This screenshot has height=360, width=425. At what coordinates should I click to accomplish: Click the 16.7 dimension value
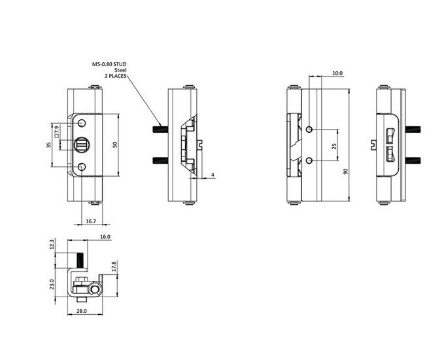pos(91,221)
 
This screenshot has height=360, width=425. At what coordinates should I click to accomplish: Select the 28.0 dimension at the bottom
pos(81,311)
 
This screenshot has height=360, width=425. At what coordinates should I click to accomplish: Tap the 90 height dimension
pos(346,171)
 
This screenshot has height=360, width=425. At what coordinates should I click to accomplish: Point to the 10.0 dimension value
pos(337,73)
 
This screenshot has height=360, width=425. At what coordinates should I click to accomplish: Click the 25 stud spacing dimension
pos(334,146)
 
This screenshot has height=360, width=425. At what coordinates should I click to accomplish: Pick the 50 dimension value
pos(114,145)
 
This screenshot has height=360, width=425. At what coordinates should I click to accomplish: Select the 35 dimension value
pos(49,145)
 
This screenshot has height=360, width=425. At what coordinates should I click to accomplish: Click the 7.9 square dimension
pos(56,132)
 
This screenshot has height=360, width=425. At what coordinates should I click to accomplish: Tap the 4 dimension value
pos(212,175)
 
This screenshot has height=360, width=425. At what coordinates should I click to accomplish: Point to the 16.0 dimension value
pos(105,237)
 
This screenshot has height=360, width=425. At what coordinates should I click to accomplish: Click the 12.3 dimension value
pos(52,244)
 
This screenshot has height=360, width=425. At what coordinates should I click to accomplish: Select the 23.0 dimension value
pos(52,284)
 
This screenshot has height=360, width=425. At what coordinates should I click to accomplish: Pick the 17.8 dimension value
pos(114,266)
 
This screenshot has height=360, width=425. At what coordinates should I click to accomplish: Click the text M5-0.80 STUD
pos(109,64)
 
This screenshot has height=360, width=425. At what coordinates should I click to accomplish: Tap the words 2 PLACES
pos(116,76)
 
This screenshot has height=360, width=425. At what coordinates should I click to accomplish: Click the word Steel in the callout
pos(120,70)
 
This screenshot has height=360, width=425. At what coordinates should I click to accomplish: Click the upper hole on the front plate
pos(82,123)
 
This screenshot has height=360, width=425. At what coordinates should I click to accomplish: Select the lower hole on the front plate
pos(82,167)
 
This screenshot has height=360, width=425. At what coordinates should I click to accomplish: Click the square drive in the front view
pos(81,145)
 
